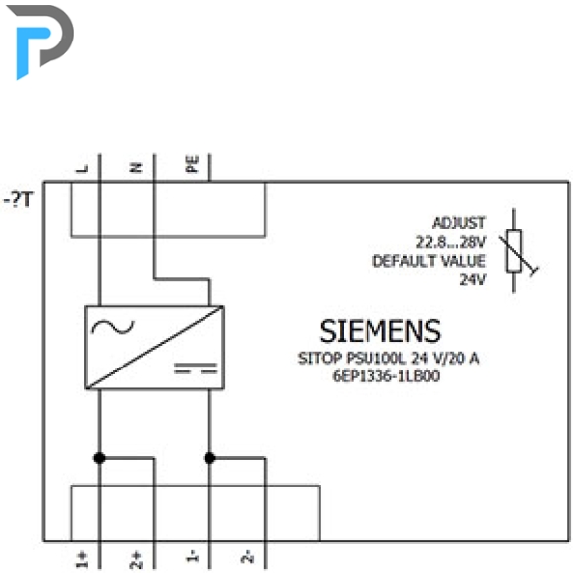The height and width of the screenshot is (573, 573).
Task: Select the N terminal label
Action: click(x=136, y=167)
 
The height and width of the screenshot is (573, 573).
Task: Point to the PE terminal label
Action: click(x=192, y=163)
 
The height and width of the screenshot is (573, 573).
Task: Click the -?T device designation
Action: click(x=18, y=200)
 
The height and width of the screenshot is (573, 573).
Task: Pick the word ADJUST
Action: click(x=459, y=223)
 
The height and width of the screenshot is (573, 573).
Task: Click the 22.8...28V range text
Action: click(x=450, y=242)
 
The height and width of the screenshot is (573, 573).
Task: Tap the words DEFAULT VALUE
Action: click(x=429, y=261)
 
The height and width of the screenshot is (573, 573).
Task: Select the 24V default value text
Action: click(x=473, y=280)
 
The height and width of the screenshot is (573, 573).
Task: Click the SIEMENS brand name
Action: click(x=380, y=331)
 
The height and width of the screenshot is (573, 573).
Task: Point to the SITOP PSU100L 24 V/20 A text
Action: click(x=388, y=358)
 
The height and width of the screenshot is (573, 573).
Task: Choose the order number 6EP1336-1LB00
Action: click(x=386, y=376)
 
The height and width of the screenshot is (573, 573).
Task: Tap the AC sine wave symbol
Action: click(x=113, y=327)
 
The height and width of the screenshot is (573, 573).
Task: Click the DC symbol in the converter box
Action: click(x=196, y=368)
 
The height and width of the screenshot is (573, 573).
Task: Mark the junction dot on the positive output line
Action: click(x=100, y=457)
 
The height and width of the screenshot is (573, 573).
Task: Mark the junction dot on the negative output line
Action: click(x=209, y=457)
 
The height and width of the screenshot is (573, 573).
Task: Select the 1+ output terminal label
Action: click(x=82, y=559)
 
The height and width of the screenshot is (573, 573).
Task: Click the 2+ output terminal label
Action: click(x=136, y=560)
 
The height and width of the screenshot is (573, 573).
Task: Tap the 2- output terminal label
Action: click(x=247, y=556)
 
